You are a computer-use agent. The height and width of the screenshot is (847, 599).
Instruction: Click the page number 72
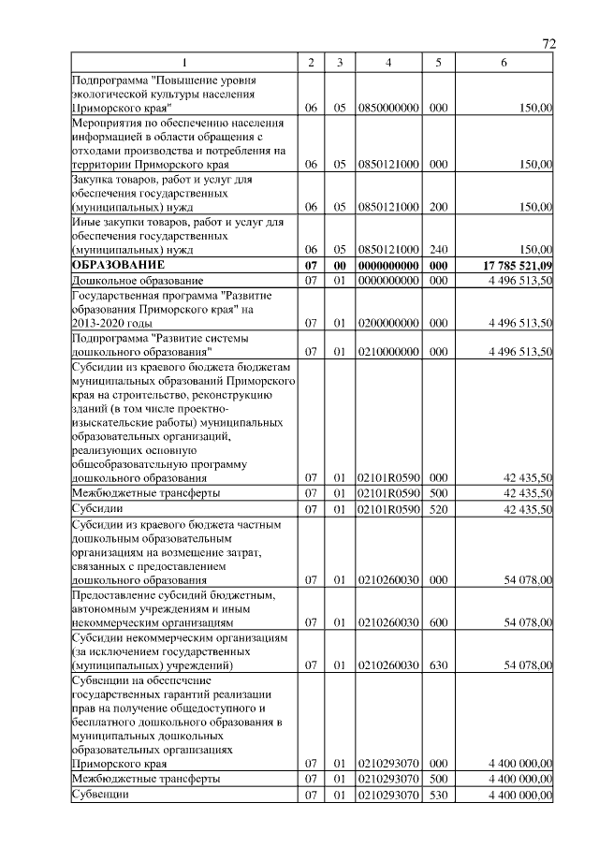point(549,44)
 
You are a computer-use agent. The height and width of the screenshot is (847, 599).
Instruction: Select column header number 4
point(388,62)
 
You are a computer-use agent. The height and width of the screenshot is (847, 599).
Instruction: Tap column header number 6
point(504,62)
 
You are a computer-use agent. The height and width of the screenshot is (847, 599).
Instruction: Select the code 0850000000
point(388,109)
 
